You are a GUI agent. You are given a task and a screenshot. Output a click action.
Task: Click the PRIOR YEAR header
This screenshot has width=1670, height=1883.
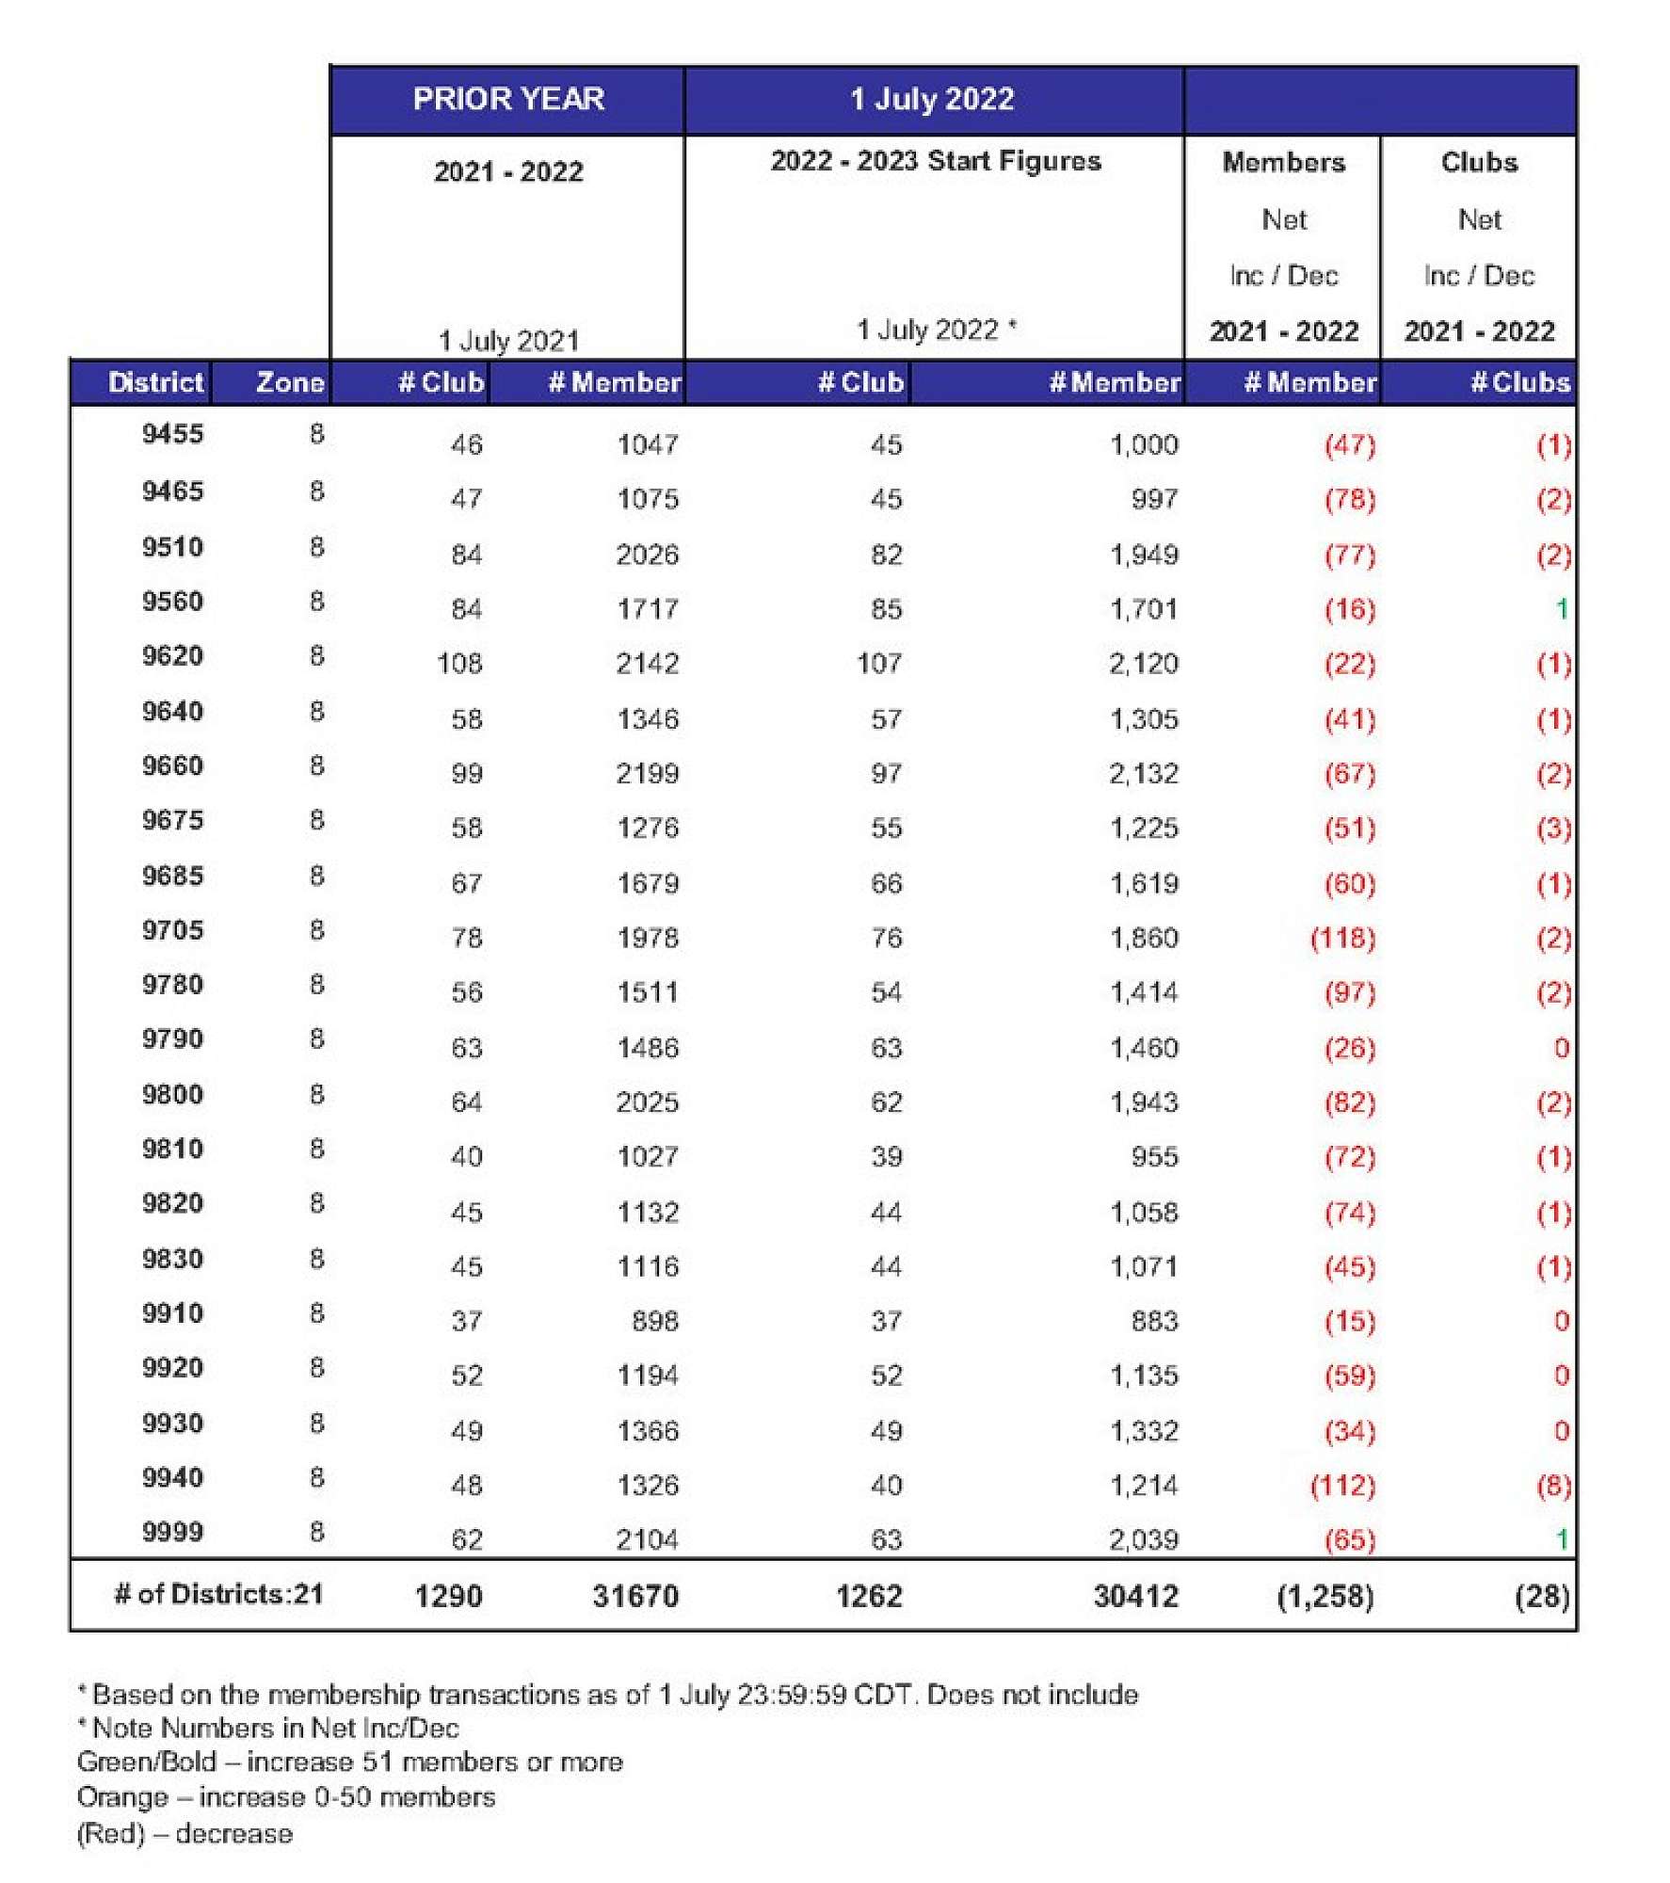tap(508, 99)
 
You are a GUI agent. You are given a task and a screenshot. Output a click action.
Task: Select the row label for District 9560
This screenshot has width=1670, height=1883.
tap(172, 601)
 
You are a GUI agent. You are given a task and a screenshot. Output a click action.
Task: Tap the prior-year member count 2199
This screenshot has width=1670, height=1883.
tap(647, 773)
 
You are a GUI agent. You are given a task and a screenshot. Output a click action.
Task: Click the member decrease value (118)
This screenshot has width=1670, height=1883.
tap(1342, 938)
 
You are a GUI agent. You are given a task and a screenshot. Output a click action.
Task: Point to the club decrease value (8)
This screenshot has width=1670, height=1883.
tap(1553, 1486)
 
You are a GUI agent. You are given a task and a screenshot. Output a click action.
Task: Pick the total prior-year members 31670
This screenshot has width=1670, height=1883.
tap(635, 1596)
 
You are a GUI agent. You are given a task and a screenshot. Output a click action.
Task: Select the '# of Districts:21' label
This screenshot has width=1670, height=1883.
tap(218, 1594)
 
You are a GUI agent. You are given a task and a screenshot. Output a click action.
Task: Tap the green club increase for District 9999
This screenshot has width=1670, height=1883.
tap(1561, 1539)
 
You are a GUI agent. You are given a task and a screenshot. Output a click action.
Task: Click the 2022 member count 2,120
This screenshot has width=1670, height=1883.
tap(1143, 664)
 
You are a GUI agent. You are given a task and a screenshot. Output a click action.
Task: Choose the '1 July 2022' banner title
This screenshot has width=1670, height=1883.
tap(932, 99)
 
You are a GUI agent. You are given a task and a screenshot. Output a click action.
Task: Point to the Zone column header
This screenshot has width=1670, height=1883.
tap(290, 382)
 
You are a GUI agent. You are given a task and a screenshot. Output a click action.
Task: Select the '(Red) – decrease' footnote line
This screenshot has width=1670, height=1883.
tap(185, 1833)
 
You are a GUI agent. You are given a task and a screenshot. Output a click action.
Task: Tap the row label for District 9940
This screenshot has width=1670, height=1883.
tap(172, 1477)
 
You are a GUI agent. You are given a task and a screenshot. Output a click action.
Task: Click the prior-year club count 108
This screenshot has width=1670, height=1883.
tap(459, 664)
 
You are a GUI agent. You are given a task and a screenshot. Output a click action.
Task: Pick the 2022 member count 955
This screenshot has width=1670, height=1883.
tap(1154, 1156)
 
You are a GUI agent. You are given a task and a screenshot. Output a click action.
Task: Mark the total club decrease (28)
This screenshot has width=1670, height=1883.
tap(1542, 1596)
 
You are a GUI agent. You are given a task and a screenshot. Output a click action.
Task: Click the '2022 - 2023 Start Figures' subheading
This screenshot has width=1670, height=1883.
tap(936, 161)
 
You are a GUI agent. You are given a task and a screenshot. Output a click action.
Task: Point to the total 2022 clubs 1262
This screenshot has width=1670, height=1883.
tap(869, 1596)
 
